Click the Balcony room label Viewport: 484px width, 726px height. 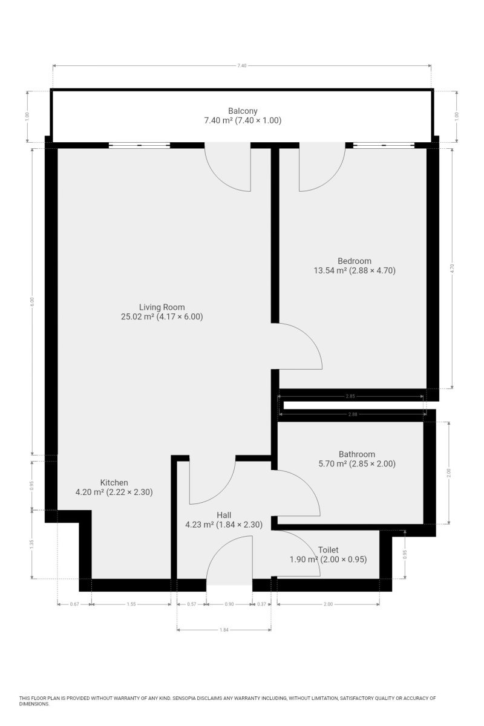click(243, 111)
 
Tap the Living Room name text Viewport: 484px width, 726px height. click(162, 307)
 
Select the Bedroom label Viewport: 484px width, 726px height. click(355, 261)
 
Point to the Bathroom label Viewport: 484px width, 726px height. click(356, 454)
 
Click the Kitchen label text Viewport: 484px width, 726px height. click(114, 482)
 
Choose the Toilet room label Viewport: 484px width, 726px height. click(328, 550)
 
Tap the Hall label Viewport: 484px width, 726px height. click(224, 515)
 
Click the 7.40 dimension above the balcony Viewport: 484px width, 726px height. click(242, 65)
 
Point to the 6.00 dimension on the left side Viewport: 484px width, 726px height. click(32, 301)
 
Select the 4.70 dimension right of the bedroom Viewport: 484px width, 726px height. click(453, 269)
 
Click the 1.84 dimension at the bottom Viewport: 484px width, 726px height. click(224, 630)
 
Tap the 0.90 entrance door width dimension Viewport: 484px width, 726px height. click(229, 604)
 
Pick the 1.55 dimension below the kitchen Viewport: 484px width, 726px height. click(131, 604)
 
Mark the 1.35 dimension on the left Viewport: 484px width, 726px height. click(32, 544)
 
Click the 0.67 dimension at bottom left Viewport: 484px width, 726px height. click(74, 604)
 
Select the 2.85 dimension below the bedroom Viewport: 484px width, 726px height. click(350, 396)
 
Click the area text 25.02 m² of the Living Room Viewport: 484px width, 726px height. click(137, 316)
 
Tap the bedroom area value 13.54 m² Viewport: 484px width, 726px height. click(330, 270)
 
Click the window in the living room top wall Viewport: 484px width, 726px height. click(139, 145)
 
